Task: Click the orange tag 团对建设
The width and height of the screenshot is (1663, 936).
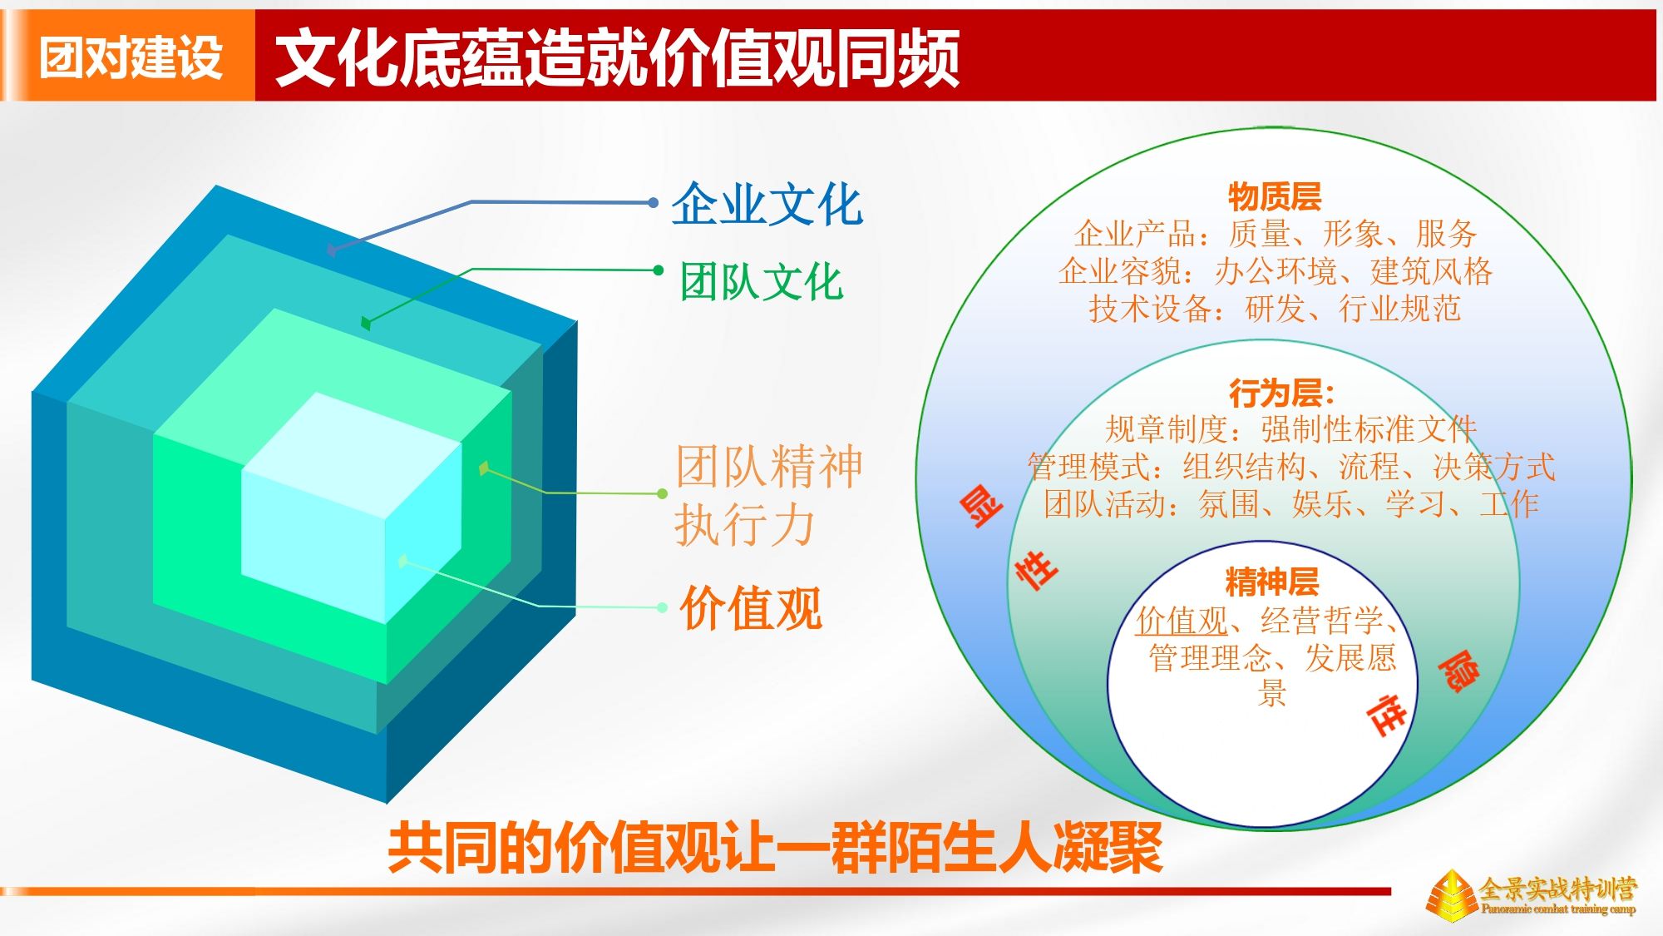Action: coord(131,57)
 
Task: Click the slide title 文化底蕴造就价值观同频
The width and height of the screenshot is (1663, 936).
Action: coord(617,57)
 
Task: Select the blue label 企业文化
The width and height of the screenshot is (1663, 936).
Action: coord(767,204)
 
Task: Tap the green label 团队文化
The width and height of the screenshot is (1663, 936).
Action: coord(762,281)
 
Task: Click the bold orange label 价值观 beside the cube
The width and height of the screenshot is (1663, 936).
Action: coord(751,608)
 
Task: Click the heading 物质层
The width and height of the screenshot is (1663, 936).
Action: coord(1275,197)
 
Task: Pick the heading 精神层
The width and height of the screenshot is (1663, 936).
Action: coord(1271,582)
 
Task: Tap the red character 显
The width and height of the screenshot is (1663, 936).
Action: coord(981,507)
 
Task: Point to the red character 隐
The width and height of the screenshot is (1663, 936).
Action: coord(1458,671)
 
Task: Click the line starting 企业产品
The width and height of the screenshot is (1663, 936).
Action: coord(1275,234)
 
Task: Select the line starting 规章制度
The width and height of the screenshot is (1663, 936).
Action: coord(1290,429)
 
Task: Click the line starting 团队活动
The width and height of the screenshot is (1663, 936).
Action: coord(1290,504)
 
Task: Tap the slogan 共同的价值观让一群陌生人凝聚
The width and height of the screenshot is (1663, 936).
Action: coord(775,848)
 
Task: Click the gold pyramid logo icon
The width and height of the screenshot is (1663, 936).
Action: coord(1452,895)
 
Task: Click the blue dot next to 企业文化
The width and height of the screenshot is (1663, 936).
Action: coord(654,202)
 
